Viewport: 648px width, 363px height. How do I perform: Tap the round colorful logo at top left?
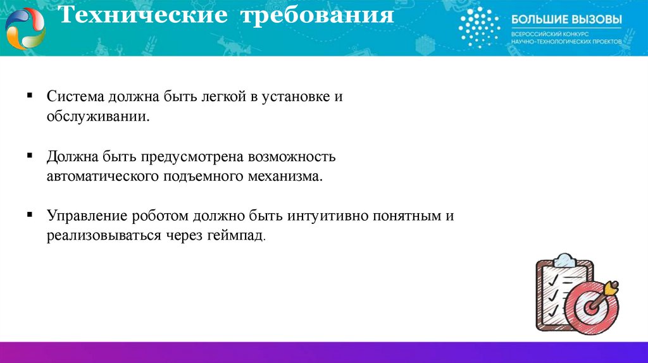[25, 28]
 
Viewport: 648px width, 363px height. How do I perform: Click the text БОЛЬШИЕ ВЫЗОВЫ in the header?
[566, 20]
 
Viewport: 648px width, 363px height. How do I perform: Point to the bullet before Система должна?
[30, 95]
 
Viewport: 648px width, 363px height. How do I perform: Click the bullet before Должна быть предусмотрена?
[30, 155]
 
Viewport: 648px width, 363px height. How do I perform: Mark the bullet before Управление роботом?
[30, 214]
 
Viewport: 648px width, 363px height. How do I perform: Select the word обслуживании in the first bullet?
[98, 117]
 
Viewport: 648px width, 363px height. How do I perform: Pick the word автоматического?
[101, 176]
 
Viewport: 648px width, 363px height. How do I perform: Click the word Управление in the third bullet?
[87, 216]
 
